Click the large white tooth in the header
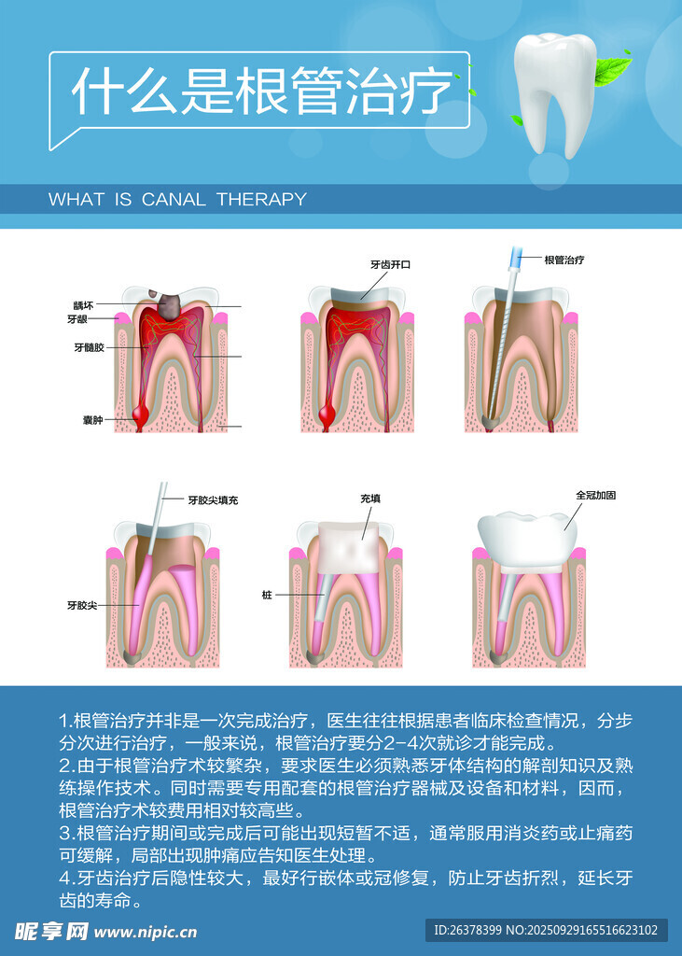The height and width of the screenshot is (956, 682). [553, 91]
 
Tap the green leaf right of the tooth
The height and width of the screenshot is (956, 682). [612, 70]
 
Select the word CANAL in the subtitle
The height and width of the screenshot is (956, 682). [174, 200]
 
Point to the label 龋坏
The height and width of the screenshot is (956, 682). [83, 305]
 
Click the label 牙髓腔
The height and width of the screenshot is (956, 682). [89, 347]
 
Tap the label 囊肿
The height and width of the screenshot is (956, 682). [92, 420]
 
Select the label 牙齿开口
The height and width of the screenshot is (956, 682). [391, 264]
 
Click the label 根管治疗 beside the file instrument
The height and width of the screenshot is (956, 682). [564, 260]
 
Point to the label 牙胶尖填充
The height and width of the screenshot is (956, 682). [213, 500]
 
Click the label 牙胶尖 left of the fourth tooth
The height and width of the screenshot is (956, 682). [82, 605]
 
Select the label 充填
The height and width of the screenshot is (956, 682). [370, 499]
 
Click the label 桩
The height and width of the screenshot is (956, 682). [267, 595]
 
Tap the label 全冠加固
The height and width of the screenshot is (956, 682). [596, 495]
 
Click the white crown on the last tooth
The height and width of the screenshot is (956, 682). [527, 539]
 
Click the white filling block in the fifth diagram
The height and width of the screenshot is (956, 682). [349, 547]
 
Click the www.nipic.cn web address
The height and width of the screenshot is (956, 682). [146, 932]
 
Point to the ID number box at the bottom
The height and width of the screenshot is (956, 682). [546, 930]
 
